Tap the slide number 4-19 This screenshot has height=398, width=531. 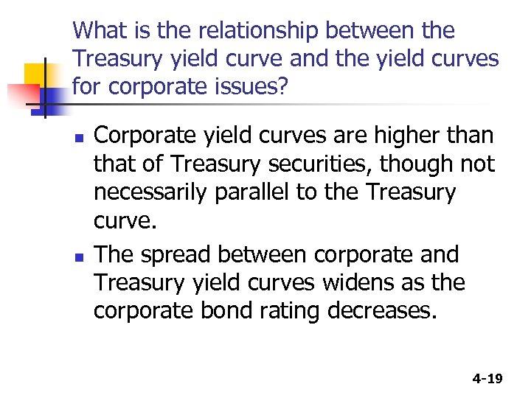coord(487,379)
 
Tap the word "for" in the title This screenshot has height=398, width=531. coord(88,86)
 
